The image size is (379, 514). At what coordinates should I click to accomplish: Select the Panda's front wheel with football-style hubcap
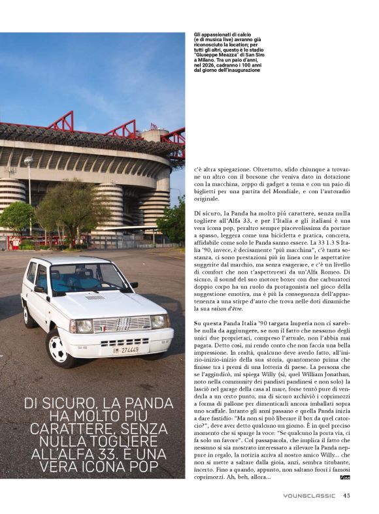[58, 351]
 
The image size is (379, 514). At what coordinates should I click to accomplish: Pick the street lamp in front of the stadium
[29, 196]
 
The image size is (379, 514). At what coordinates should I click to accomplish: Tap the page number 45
[347, 495]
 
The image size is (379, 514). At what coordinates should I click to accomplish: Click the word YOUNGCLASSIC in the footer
[310, 495]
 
